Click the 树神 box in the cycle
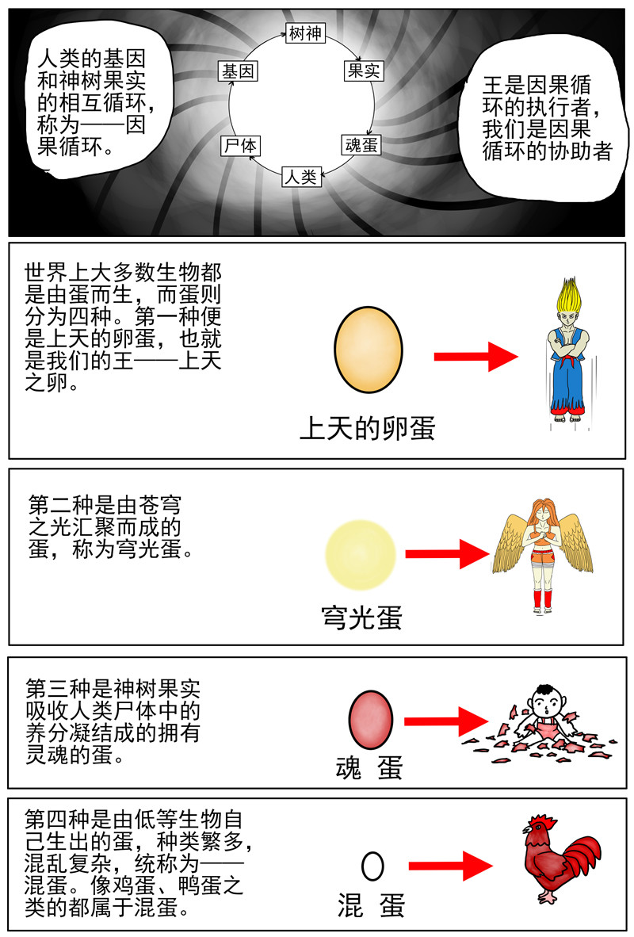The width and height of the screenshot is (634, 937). click(x=305, y=33)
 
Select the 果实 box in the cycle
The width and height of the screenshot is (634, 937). click(x=363, y=71)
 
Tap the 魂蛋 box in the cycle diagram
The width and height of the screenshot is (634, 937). click(x=361, y=145)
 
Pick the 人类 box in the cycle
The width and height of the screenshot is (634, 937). click(x=301, y=176)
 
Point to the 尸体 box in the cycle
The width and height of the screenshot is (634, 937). click(x=241, y=146)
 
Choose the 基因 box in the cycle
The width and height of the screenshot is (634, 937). click(x=238, y=71)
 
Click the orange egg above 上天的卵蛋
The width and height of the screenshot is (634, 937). click(x=368, y=350)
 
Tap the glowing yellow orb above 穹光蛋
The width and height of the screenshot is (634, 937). click(x=361, y=555)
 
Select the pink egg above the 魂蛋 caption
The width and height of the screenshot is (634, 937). click(x=371, y=720)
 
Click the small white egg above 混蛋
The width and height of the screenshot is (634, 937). click(x=372, y=866)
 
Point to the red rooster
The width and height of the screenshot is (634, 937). click(x=560, y=858)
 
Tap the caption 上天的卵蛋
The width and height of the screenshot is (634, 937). click(x=367, y=428)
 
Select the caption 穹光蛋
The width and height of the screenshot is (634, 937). click(x=361, y=618)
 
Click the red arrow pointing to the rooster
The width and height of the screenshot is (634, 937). click(x=451, y=866)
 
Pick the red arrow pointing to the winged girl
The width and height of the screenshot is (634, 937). click(x=448, y=554)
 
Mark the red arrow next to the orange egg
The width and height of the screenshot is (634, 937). click(x=475, y=357)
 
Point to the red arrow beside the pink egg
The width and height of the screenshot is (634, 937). click(x=446, y=721)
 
